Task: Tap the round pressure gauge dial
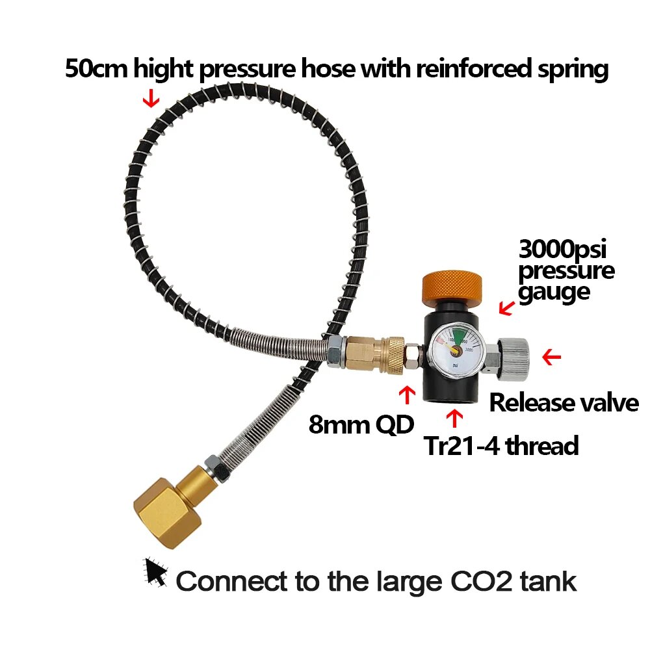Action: coord(456,351)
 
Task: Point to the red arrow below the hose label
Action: coord(151,97)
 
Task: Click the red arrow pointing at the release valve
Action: coord(551,356)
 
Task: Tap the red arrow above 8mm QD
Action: coord(408,393)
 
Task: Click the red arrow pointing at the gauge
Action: coord(504,307)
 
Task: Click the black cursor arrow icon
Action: coord(155,571)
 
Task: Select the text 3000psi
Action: coord(565,249)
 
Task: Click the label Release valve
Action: coord(564,403)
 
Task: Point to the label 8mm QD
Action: coord(361,426)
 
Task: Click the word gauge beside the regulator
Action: coord(554,292)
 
